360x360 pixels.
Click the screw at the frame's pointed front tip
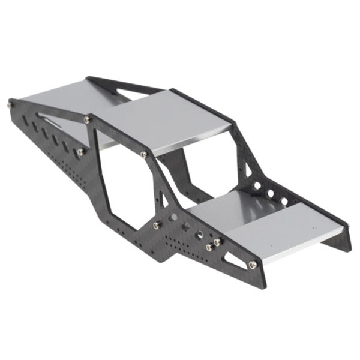11,104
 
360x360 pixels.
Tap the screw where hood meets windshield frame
88,120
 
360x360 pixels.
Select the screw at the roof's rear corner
144,155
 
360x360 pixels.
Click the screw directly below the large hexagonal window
156,225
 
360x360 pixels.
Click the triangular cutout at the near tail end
233,259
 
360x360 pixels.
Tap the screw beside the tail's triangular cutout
252,265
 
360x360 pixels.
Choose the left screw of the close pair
209,247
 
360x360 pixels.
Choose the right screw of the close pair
217,242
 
